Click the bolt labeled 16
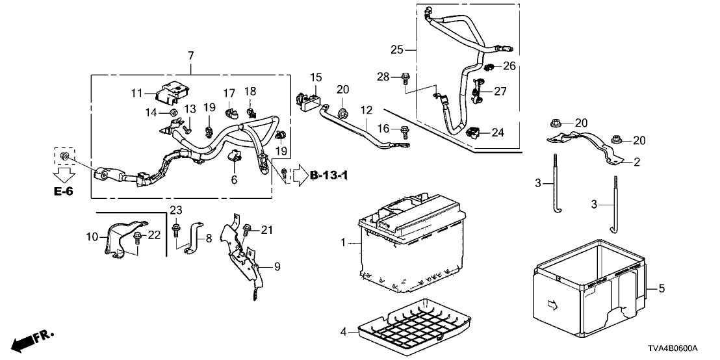(x=405, y=131)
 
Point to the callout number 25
(x=397, y=49)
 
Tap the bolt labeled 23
(x=176, y=229)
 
